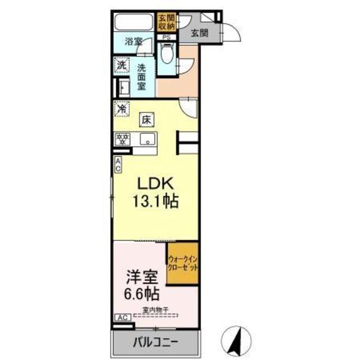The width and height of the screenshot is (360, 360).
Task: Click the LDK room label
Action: (x=156, y=185)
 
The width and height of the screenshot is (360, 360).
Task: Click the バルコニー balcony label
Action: (x=156, y=341)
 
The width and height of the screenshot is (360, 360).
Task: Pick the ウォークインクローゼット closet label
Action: (x=182, y=262)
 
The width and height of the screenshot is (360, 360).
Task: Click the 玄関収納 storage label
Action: (x=166, y=23)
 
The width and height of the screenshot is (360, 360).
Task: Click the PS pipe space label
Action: (x=166, y=38)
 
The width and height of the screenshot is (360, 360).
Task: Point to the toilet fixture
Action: (x=166, y=57)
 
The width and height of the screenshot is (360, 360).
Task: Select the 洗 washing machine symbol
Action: (x=121, y=65)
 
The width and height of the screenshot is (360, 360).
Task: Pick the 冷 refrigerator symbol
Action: (x=121, y=108)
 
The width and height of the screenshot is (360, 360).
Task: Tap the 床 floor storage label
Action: (x=146, y=119)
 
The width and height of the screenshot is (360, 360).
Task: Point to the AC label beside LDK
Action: (x=118, y=164)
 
